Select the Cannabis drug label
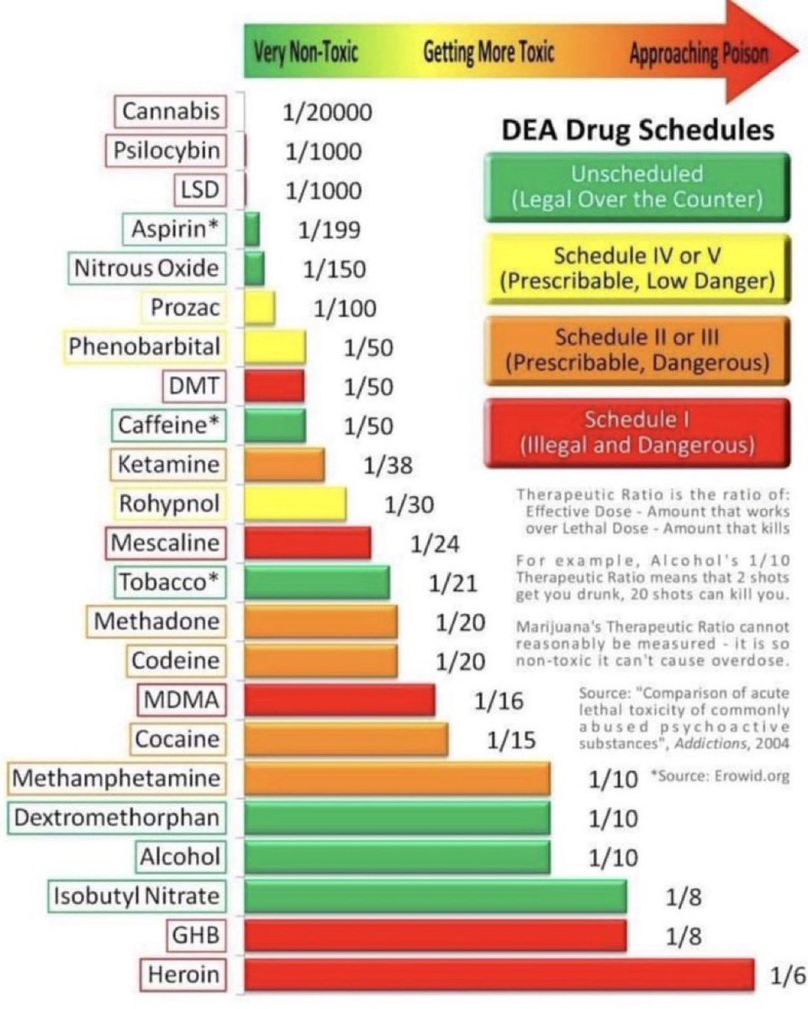tap(171, 111)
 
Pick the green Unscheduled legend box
tap(636, 188)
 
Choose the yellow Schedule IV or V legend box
tap(636, 268)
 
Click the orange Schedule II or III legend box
tap(636, 350)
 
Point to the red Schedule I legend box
tap(636, 431)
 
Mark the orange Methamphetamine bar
tap(397, 779)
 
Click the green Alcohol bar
tap(397, 857)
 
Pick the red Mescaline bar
tap(308, 542)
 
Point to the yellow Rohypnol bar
tap(295, 504)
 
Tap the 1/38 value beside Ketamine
tap(387, 465)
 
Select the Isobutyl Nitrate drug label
tap(137, 896)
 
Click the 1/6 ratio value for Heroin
tap(787, 977)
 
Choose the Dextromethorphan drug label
tap(118, 817)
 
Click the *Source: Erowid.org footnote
tap(721, 776)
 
